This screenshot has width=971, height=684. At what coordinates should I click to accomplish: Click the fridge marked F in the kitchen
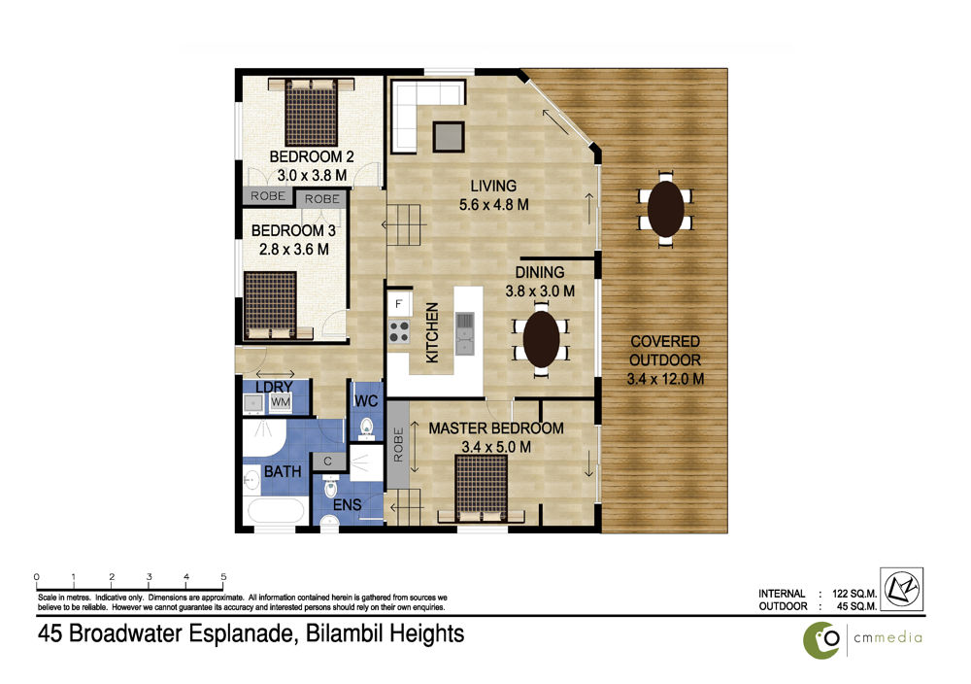tap(398, 303)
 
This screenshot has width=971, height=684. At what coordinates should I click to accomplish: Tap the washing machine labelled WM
tap(281, 402)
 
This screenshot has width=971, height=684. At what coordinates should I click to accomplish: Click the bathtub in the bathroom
tap(276, 510)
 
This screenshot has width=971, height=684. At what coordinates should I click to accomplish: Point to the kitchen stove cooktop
tap(399, 332)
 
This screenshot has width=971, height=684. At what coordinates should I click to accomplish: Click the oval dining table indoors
tap(541, 339)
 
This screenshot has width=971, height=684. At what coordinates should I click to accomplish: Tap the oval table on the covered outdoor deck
tap(666, 209)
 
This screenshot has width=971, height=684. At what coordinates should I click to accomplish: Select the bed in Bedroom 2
tap(312, 112)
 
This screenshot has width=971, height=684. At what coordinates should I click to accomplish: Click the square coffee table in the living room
tap(449, 136)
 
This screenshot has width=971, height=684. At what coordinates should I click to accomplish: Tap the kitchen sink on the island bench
tap(464, 333)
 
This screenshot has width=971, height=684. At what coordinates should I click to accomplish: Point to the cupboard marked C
tap(327, 461)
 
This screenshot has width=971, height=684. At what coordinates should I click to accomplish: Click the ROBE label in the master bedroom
tap(398, 444)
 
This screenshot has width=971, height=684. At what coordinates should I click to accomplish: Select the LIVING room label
tap(493, 186)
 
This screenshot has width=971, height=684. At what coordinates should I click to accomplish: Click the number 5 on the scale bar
tap(223, 577)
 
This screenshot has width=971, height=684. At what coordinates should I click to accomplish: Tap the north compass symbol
tap(902, 589)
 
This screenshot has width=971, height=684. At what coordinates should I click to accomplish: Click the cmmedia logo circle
tap(821, 640)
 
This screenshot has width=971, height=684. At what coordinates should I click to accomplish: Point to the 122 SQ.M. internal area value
tap(854, 594)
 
